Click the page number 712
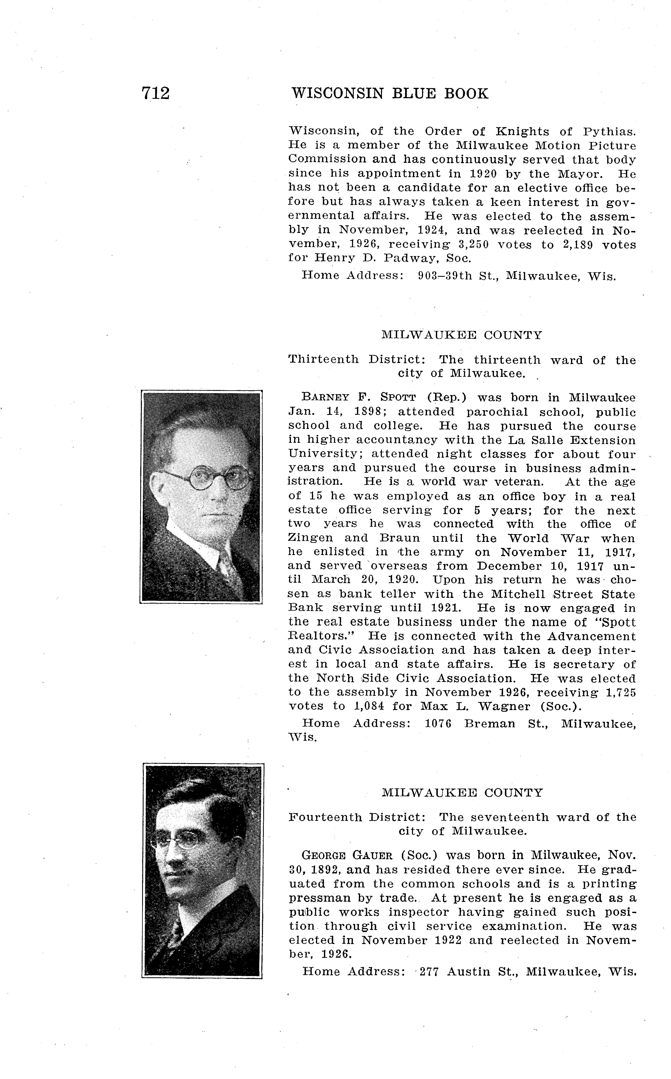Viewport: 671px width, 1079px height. coord(155,94)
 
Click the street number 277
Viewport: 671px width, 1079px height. coord(429,972)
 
